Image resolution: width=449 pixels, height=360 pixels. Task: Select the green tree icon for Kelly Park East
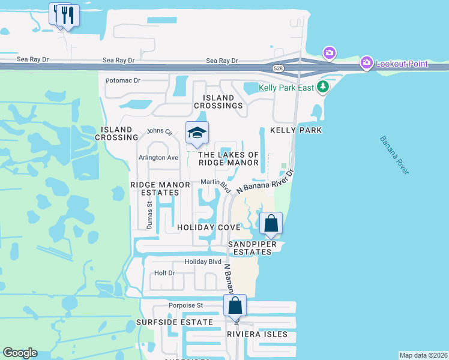click(x=324, y=88)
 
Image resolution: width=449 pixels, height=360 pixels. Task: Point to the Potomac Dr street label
click(x=122, y=80)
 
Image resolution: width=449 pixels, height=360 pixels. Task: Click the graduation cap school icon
click(x=196, y=134)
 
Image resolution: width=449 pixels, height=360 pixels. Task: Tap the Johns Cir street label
click(x=160, y=131)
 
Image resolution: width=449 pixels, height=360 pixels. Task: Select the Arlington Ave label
click(x=159, y=158)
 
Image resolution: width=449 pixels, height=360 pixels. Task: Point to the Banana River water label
click(x=394, y=155)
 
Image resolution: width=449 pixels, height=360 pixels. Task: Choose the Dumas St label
click(x=149, y=214)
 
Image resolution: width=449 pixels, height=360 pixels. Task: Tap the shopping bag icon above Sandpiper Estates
click(x=271, y=224)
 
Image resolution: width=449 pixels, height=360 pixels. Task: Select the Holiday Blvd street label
click(x=203, y=262)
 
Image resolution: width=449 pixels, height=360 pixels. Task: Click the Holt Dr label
click(x=164, y=273)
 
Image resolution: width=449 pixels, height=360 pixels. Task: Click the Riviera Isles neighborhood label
click(x=258, y=334)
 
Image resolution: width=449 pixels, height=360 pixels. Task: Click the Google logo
click(x=20, y=353)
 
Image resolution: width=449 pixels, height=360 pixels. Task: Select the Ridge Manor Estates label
click(x=155, y=188)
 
